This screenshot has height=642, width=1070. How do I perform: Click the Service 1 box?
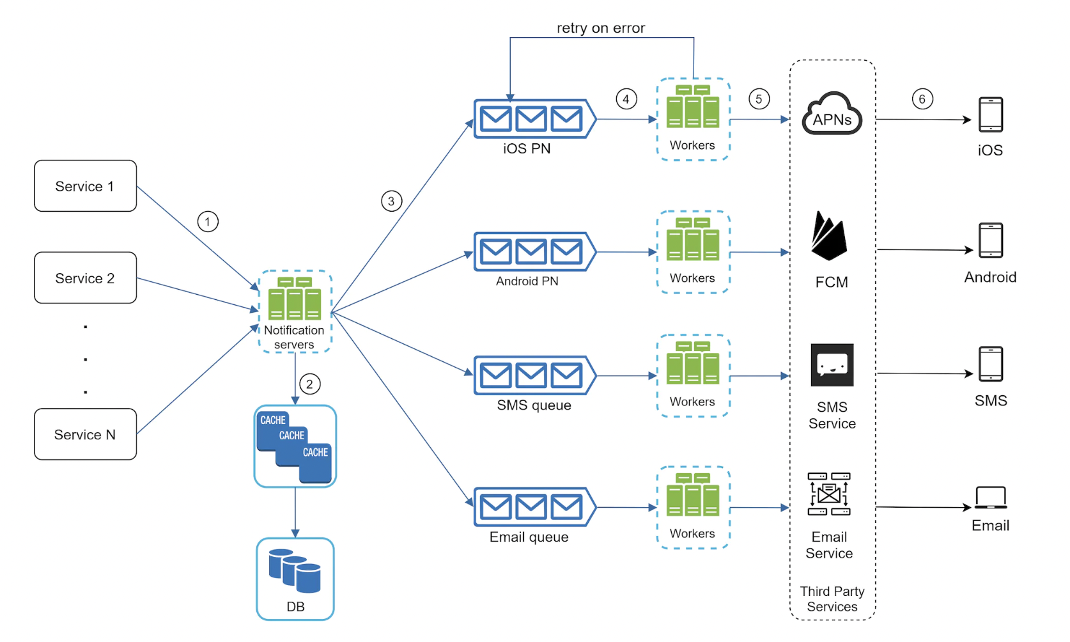pyautogui.click(x=85, y=186)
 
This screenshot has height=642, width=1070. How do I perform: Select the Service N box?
pyautogui.click(x=85, y=434)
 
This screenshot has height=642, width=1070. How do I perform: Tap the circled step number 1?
pyautogui.click(x=208, y=222)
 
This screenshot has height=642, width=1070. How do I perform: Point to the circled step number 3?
pyautogui.click(x=391, y=201)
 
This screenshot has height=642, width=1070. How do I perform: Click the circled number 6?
pyautogui.click(x=922, y=99)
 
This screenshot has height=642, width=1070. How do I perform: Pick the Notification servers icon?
pyautogui.click(x=295, y=299)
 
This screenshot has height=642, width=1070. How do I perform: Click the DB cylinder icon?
pyautogui.click(x=295, y=570)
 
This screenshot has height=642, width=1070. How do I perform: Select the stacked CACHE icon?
pyautogui.click(x=295, y=446)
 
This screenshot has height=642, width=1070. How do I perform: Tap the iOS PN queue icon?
pyautogui.click(x=532, y=119)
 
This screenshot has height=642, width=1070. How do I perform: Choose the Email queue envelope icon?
pyautogui.click(x=532, y=508)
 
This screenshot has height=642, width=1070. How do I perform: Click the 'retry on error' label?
pyautogui.click(x=601, y=28)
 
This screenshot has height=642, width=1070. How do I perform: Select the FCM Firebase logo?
pyautogui.click(x=829, y=236)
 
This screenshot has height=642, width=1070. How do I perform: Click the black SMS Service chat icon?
pyautogui.click(x=832, y=365)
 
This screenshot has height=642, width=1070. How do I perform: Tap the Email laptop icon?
pyautogui.click(x=990, y=497)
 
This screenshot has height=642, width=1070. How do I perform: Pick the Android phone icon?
pyautogui.click(x=991, y=240)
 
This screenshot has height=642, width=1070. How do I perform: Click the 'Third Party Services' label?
pyautogui.click(x=832, y=599)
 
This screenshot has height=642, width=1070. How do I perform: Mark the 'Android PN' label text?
pyautogui.click(x=527, y=281)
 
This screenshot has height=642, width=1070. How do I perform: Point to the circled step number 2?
pyautogui.click(x=309, y=384)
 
